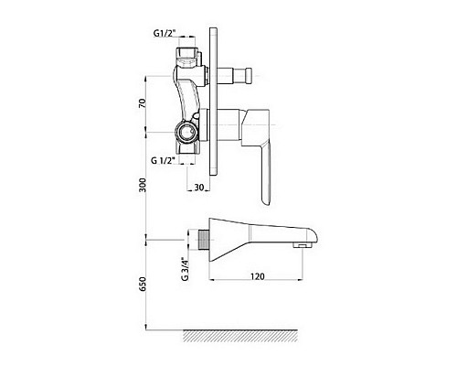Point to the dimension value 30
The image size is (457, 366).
pyautogui.click(x=198, y=187)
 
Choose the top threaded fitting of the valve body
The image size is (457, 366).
pyautogui.click(x=187, y=59)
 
